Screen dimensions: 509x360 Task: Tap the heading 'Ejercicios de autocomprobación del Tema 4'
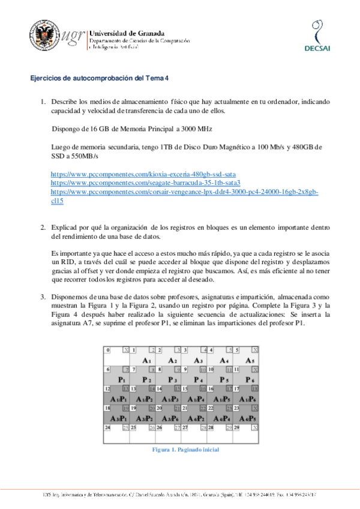tap(101, 79)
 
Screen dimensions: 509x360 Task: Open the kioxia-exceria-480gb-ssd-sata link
tap(143, 173)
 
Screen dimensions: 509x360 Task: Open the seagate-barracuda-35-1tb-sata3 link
tap(146, 182)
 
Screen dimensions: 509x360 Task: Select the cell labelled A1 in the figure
tap(146, 360)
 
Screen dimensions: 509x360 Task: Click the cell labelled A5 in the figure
tap(250, 360)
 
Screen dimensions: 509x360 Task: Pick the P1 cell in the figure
tap(121, 380)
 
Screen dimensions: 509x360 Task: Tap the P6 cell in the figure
tap(250, 380)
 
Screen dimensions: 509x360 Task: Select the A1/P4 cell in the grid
tap(198, 399)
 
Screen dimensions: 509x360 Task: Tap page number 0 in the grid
tap(107, 350)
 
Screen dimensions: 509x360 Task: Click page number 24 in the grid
tap(108, 427)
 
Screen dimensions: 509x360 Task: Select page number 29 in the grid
tap(237, 427)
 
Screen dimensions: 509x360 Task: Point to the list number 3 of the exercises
tap(43, 297)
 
